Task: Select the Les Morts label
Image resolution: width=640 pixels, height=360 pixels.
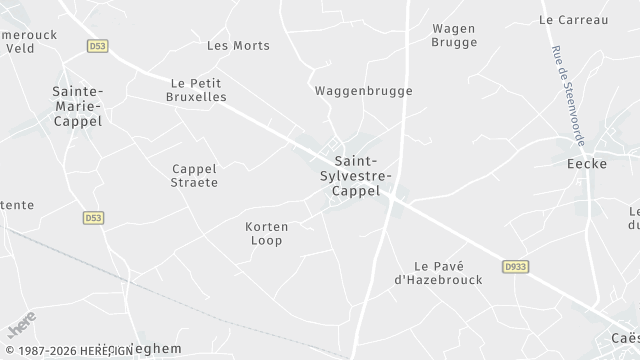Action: [238, 45]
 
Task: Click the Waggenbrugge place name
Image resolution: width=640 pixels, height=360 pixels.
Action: [363, 90]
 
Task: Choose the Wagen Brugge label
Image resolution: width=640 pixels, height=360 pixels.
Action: [453, 35]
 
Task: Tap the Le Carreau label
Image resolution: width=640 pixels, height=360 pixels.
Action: [573, 19]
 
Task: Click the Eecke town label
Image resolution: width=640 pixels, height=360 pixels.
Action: [586, 163]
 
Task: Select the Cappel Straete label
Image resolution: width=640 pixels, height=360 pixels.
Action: [194, 175]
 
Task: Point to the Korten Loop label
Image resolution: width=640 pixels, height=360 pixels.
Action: [267, 233]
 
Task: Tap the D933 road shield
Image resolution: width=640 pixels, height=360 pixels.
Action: [515, 267]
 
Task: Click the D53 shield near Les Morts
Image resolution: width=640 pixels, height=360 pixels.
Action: [97, 46]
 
